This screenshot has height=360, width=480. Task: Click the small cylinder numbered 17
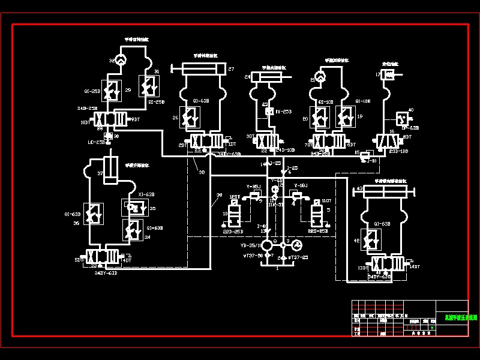click(x=388, y=75)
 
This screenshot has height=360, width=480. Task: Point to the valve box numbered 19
click(x=346, y=117)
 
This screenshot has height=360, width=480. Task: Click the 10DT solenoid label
click(x=85, y=122)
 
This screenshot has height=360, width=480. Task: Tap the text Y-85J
click(x=253, y=187)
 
